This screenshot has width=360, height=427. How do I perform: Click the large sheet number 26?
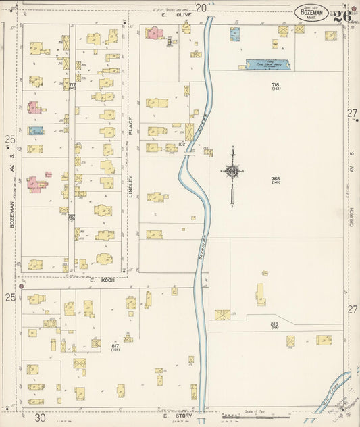click(341, 15)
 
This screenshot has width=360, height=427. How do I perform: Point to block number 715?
click(276, 86)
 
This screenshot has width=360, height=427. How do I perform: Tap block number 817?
click(115, 347)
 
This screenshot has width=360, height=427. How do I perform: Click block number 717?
click(71, 85)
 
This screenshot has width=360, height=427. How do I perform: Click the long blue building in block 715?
click(267, 65)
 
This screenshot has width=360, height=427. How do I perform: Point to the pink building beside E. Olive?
click(153, 32)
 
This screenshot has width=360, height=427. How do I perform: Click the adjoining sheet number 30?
click(41, 418)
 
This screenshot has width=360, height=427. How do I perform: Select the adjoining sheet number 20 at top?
click(201, 7)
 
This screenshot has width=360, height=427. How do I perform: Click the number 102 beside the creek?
click(181, 144)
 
